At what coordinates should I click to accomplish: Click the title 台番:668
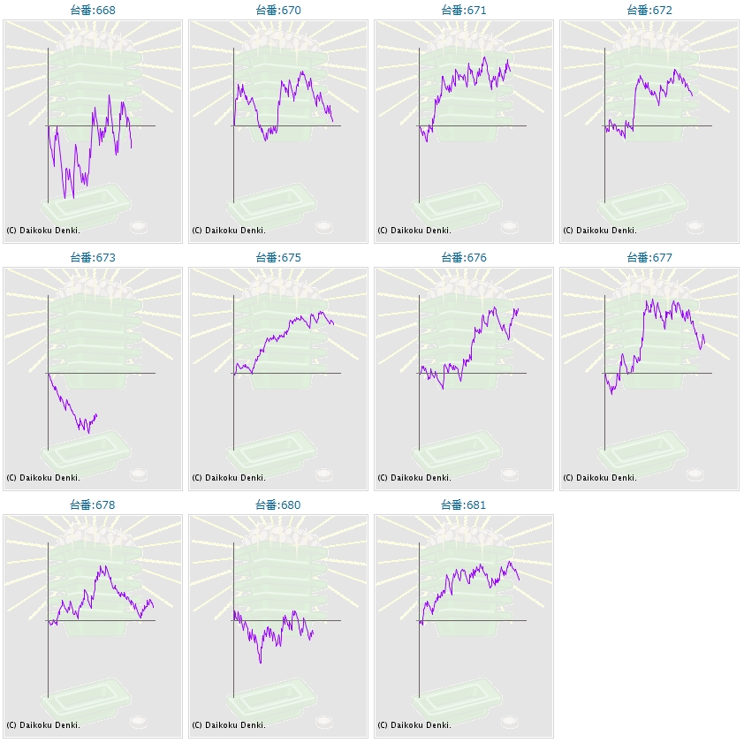93,11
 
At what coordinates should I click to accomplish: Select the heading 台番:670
278,11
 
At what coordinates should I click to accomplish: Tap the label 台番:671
464,11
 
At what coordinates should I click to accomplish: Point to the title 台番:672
649,11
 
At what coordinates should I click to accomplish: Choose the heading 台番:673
93,258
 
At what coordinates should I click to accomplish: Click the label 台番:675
278,258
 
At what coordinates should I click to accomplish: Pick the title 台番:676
464,258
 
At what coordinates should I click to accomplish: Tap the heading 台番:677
649,258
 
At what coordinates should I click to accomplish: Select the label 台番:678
93,505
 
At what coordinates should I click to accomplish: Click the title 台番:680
278,505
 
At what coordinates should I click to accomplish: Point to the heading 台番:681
464,505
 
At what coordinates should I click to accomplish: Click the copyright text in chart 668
43,231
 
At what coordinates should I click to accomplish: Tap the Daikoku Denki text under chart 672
600,231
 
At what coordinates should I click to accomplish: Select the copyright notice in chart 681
414,725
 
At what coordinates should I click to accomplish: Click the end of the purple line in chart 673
97,414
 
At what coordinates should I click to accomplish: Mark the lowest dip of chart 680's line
260,663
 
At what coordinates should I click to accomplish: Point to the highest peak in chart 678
103,566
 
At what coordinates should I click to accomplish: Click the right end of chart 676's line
518,308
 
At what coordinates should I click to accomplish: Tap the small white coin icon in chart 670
324,227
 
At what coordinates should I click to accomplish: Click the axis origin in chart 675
233,373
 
